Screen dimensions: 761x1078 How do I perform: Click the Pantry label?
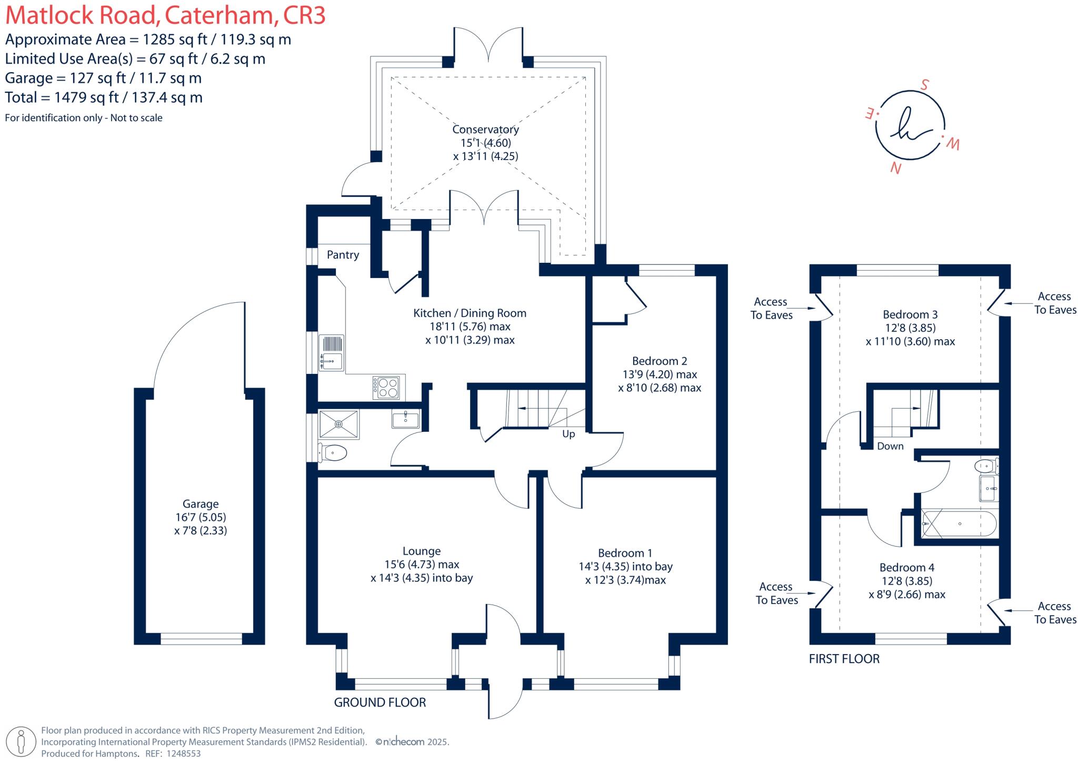coord(343,255)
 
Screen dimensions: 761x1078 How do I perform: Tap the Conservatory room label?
coord(485,130)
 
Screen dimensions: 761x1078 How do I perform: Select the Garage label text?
coord(200,504)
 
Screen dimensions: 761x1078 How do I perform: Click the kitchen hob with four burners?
coord(387,388)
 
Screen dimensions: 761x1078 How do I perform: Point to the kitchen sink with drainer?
coord(332,352)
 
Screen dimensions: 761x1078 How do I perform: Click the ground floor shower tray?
coord(339,424)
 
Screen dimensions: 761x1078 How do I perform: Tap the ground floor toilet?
coord(333,452)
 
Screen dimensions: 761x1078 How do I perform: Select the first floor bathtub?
coord(960,524)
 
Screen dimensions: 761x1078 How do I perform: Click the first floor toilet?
coord(985,466)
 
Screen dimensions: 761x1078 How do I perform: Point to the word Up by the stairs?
coord(568,434)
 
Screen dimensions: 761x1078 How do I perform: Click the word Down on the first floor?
coord(890,446)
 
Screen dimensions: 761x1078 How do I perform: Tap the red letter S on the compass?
coord(924,85)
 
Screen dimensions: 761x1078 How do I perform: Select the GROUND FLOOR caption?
coord(380,702)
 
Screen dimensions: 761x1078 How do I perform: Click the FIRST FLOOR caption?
coord(844,659)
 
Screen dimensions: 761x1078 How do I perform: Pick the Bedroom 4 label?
coord(907,568)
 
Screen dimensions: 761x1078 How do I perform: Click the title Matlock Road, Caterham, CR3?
coord(165,16)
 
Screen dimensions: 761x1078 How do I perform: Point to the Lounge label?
coord(422,551)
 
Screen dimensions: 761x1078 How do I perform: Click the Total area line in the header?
coord(104,97)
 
